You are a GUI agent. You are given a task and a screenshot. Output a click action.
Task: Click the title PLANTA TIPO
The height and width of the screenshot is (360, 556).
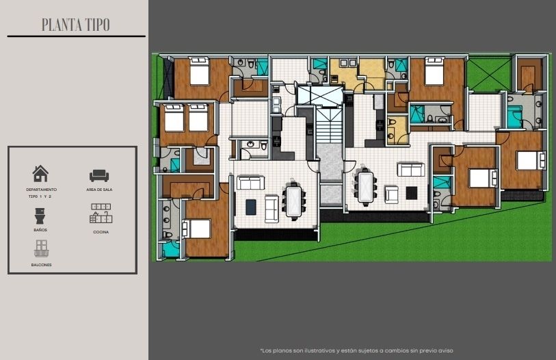75,25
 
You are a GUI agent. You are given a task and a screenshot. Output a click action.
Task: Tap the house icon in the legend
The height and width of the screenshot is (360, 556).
40,174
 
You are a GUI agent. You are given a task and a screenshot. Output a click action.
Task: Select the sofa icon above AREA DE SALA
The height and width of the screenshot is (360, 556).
99,175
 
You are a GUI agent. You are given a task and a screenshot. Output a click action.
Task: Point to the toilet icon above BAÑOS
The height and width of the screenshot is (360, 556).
40,216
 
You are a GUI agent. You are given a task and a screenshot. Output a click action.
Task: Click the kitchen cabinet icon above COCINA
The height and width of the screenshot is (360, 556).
101,213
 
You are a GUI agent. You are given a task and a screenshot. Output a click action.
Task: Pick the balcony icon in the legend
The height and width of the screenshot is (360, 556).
41,248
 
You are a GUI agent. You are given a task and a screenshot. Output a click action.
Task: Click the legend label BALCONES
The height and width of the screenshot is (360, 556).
41,265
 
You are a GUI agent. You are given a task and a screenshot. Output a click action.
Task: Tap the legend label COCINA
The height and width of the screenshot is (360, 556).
101,232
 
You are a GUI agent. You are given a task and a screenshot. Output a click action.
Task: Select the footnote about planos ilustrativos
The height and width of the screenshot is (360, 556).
356,350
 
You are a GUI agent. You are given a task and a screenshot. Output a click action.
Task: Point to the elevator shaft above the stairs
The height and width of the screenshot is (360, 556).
320,95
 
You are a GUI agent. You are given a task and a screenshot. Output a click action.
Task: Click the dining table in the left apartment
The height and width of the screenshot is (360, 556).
293,201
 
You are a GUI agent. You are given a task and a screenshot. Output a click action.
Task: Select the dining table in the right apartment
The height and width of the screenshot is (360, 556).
365,186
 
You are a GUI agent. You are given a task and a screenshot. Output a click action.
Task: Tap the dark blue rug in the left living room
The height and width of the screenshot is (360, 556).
251,207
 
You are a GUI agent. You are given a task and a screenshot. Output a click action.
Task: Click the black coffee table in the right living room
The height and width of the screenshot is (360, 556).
412,193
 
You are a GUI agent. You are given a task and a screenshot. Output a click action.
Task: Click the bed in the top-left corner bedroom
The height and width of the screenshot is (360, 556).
199,71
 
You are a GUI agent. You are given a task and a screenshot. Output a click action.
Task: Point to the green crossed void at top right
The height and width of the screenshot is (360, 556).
490,75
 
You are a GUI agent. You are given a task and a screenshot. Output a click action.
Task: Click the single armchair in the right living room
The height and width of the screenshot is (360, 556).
392,194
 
